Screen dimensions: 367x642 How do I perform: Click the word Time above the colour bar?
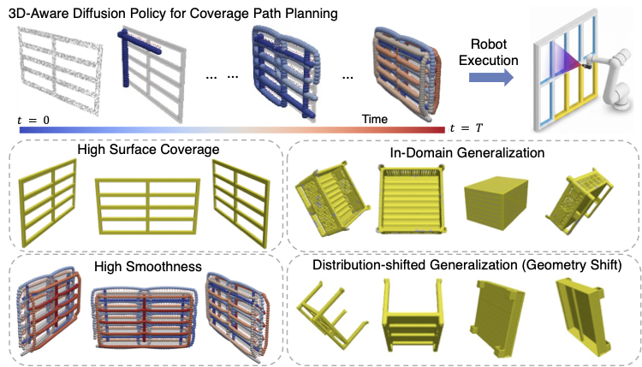pos(374,118)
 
